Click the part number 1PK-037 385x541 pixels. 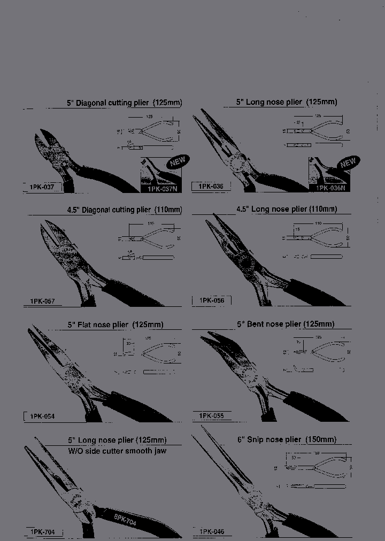point(42,187)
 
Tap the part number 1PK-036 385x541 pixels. point(211,187)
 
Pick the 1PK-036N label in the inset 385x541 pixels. point(329,188)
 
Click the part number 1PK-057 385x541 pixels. point(42,302)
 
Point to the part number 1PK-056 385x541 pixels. point(211,301)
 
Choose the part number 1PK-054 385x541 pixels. point(42,416)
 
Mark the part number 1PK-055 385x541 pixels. point(211,415)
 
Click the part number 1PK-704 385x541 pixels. point(42,532)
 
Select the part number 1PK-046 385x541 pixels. point(211,532)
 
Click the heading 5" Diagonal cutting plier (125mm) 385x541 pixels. point(124,102)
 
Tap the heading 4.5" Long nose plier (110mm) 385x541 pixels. point(287,209)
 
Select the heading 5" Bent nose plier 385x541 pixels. point(286,324)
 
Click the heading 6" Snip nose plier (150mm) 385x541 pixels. point(287,439)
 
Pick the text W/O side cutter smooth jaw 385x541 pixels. point(117,451)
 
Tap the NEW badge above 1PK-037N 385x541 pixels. point(178,161)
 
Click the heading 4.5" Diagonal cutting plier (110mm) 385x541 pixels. point(124,210)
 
